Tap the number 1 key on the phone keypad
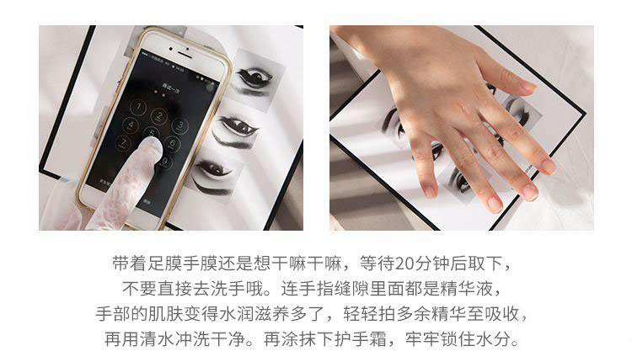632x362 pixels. [x=139, y=107]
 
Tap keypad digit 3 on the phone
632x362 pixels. [x=179, y=125]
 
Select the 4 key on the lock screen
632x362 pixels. [x=130, y=125]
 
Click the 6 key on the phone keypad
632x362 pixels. [x=172, y=144]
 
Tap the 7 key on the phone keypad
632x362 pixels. [x=122, y=143]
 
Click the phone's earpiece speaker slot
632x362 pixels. [x=184, y=53]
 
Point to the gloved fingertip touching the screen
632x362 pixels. [x=152, y=146]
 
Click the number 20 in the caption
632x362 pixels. [x=404, y=264]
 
